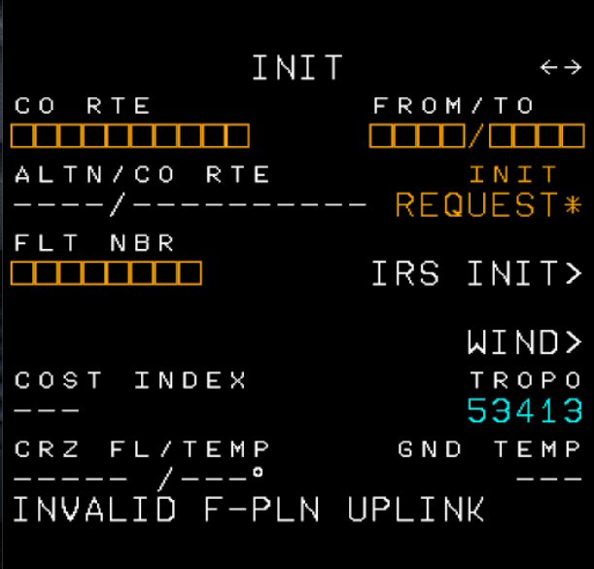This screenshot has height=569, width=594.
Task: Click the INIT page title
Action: pos(297,68)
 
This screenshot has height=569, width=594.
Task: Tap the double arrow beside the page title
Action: pos(560,67)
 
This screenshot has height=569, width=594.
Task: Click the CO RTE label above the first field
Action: pos(84,105)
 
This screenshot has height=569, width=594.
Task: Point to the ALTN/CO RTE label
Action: pos(142,175)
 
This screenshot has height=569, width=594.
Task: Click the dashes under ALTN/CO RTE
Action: pos(191,205)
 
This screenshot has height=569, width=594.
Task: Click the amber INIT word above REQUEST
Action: pos(514,175)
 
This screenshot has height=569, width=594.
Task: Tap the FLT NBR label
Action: pos(95,243)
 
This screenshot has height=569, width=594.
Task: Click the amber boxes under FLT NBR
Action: pos(107,273)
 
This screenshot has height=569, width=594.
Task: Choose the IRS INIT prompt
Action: pos(476,274)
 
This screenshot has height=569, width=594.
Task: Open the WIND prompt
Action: pos(524,341)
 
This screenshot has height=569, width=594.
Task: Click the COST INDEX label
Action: pos(131,380)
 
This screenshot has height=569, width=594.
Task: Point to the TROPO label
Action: pos(526,380)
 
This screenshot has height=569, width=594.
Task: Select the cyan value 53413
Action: pos(525,410)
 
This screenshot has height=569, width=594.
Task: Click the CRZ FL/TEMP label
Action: pos(142,449)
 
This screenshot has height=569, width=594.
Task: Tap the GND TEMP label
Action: pos(490,449)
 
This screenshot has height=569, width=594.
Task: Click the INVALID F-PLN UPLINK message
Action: pos(249,509)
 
